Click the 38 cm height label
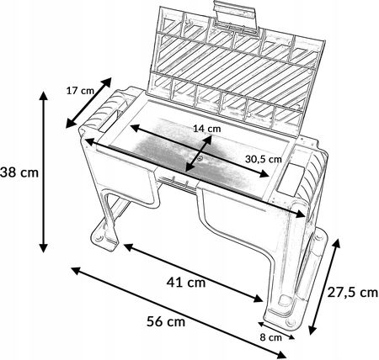coord(19,172)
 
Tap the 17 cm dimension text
coord(80,91)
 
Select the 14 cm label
coord(207,129)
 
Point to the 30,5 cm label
coord(264,159)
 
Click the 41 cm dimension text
coord(186,282)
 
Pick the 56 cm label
coord(166,321)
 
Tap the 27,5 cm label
coord(353,293)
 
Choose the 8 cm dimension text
coord(270,337)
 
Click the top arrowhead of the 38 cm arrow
coord(43,95)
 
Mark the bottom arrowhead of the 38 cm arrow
coord(43,248)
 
